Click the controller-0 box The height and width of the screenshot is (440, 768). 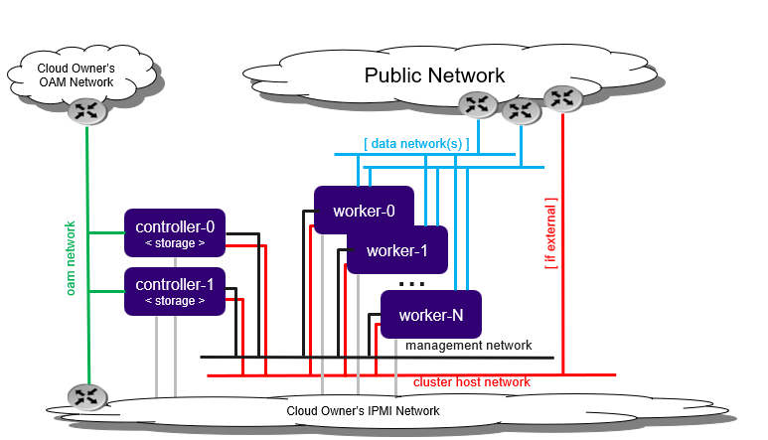175,232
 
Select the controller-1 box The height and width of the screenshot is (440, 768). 175,291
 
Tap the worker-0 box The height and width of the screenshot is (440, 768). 364,212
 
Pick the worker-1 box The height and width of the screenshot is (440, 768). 397,250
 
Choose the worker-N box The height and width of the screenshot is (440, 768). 431,316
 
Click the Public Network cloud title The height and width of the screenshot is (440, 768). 434,74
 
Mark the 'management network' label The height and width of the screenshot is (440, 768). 468,346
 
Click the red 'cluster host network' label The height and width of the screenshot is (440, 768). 471,381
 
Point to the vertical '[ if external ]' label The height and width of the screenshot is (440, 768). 550,233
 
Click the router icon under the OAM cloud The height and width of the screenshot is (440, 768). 87,110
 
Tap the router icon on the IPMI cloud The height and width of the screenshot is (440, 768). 87,396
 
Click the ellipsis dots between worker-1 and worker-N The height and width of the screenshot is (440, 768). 411,284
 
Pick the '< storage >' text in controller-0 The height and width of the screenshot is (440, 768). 175,242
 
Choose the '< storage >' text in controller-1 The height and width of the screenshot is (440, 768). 175,301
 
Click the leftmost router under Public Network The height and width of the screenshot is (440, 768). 479,103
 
